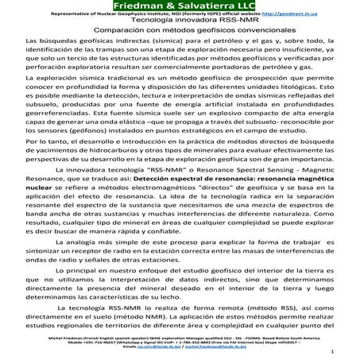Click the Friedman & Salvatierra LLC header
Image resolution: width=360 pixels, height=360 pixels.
pos(180,6)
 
